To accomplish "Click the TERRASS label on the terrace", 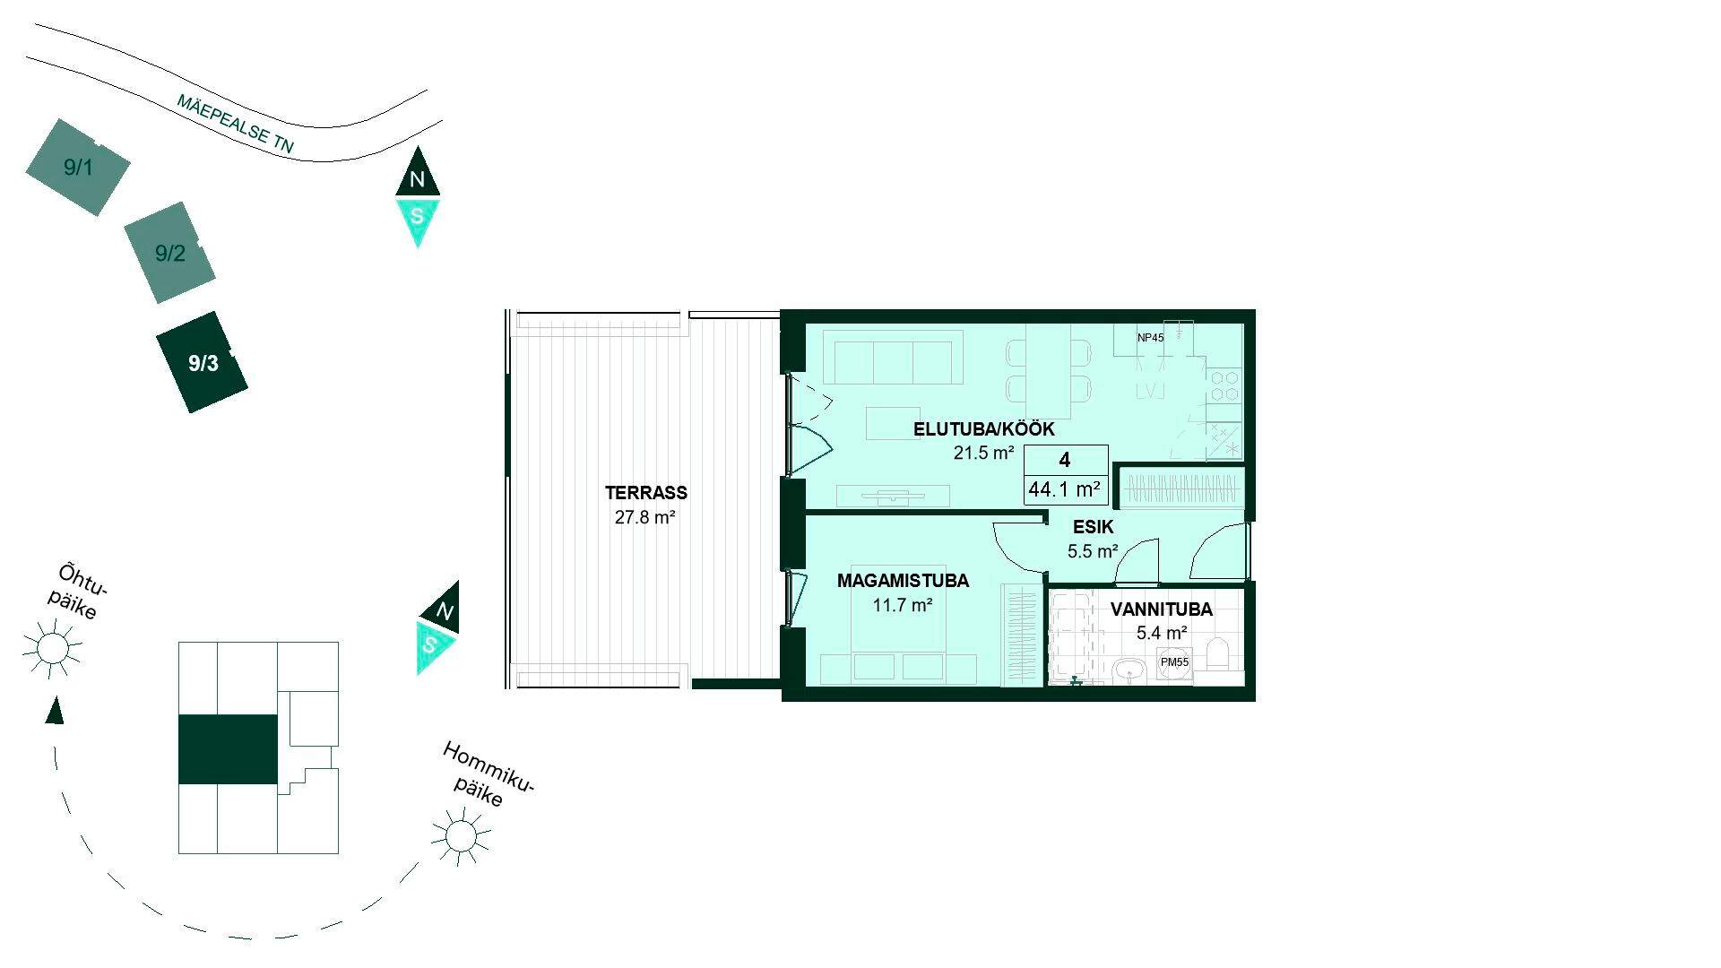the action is pyautogui.click(x=645, y=493).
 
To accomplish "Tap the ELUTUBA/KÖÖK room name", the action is pyautogui.click(x=983, y=429).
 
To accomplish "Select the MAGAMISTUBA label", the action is pyautogui.click(x=903, y=581).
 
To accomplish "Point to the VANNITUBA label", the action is pyautogui.click(x=1161, y=609).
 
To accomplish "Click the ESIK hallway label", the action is pyautogui.click(x=1093, y=527).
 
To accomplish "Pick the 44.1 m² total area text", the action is pyautogui.click(x=1065, y=489).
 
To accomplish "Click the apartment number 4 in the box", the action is pyautogui.click(x=1065, y=460).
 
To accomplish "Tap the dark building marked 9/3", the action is pyautogui.click(x=203, y=362).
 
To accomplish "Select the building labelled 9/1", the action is pyautogui.click(x=78, y=167).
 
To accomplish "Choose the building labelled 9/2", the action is pyautogui.click(x=169, y=253).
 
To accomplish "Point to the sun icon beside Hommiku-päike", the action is pyautogui.click(x=461, y=836).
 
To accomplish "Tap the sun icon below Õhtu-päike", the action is pyautogui.click(x=52, y=646).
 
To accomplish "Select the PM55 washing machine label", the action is pyautogui.click(x=1174, y=662).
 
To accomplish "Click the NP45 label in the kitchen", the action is pyautogui.click(x=1150, y=338).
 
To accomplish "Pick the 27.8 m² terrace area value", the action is pyautogui.click(x=645, y=517).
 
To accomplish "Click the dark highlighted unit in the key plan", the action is pyautogui.click(x=228, y=749).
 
